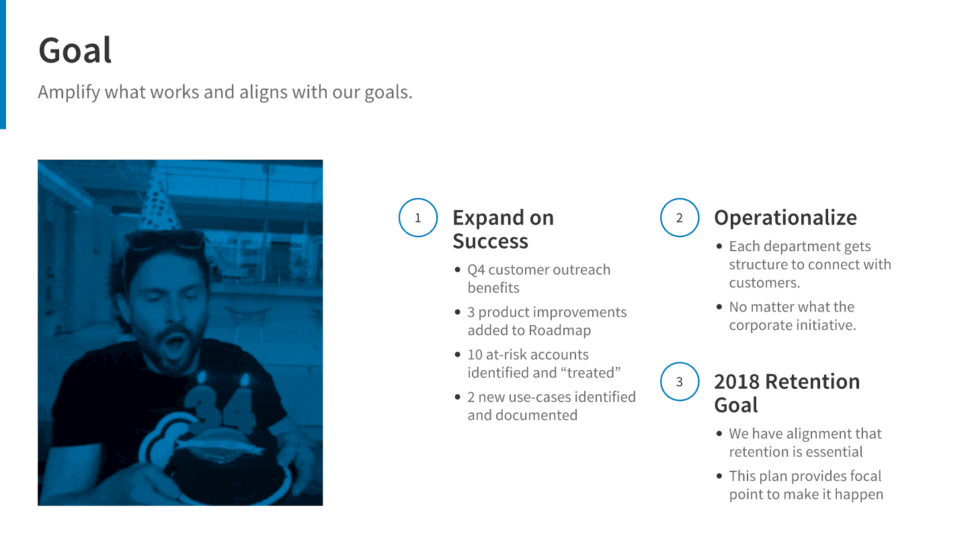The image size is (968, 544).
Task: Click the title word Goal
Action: tap(75, 50)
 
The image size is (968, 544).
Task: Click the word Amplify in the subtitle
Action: tap(69, 93)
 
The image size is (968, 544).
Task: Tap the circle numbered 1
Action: tap(418, 218)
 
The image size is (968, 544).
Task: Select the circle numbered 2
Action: tap(680, 218)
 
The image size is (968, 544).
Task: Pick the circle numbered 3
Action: tap(680, 381)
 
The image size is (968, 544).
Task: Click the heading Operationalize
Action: tap(785, 218)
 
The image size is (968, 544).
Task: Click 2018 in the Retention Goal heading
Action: tap(737, 381)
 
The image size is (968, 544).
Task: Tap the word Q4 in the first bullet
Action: tap(476, 270)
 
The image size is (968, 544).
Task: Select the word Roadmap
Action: tap(559, 330)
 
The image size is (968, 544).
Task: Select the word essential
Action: tap(834, 452)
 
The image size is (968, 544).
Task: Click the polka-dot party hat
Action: tap(159, 205)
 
